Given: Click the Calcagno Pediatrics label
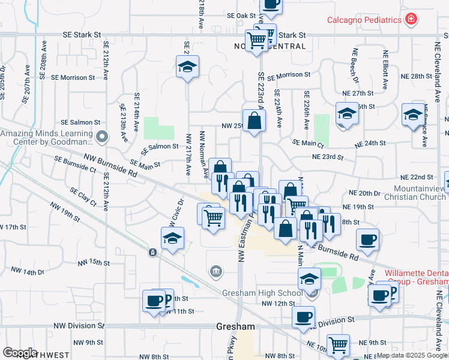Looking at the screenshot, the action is [364, 20].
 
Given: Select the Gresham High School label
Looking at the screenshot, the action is [262, 293].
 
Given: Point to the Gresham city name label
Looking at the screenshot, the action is [235, 327].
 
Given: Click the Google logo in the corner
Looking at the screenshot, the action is [19, 353].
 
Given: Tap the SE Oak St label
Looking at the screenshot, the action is [242, 15].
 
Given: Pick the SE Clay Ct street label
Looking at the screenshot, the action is [83, 197].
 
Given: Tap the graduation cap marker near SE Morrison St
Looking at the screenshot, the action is [188, 67].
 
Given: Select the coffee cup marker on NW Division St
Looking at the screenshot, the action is [304, 317].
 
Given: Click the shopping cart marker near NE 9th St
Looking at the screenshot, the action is [339, 346].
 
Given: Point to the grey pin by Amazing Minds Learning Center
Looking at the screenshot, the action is [102, 137].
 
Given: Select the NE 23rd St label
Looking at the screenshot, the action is [327, 158].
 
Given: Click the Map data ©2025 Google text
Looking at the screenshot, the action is [412, 355].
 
